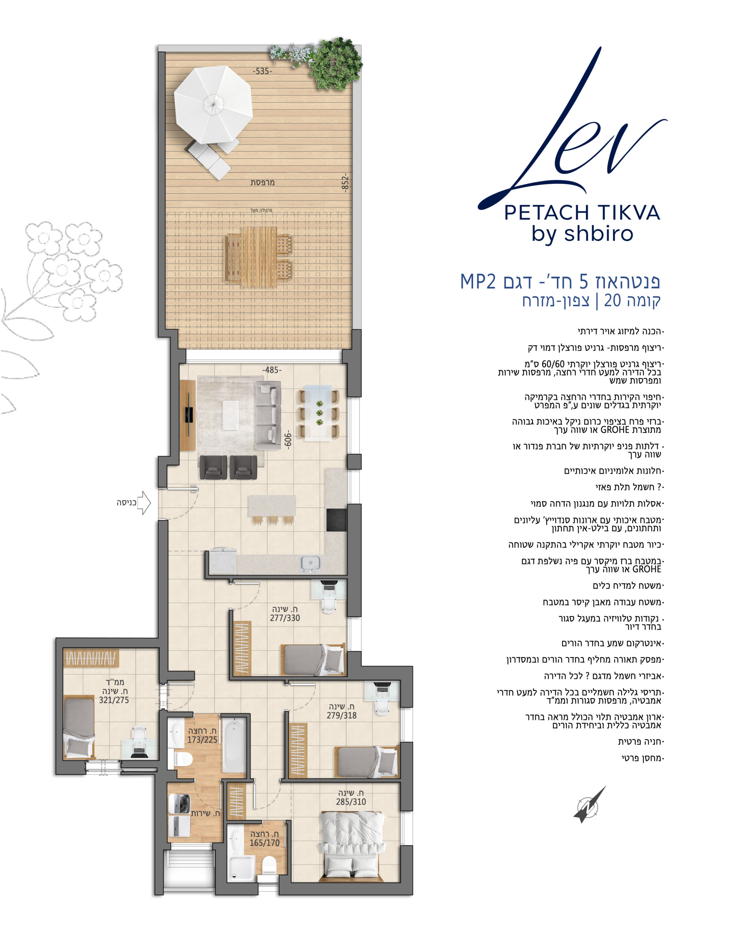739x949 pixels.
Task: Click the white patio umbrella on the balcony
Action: click(213, 104)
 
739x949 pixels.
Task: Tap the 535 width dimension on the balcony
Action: click(263, 71)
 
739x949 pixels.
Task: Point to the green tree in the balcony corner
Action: click(336, 63)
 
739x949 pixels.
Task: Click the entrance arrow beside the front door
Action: click(144, 503)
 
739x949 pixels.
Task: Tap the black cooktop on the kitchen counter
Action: click(336, 520)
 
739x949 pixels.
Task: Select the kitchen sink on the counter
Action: click(310, 563)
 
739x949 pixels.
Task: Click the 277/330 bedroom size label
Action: click(285, 618)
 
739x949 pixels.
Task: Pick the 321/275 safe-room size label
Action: click(114, 700)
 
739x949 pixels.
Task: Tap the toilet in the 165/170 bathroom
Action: click(269, 866)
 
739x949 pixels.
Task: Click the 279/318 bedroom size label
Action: click(342, 715)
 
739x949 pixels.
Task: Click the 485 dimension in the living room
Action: click(272, 370)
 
